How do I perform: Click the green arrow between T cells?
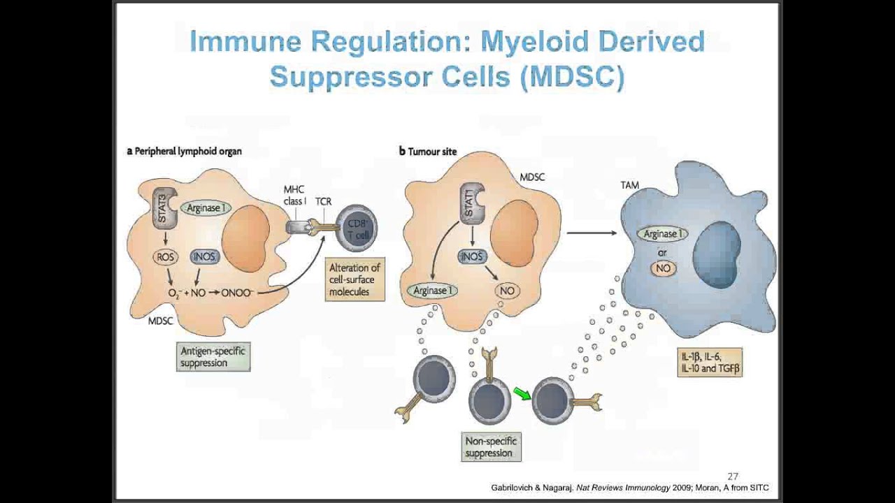tap(522, 395)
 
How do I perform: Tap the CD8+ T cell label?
tap(357, 229)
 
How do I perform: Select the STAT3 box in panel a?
tap(164, 207)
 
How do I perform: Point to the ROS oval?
tap(165, 257)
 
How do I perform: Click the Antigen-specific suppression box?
tap(213, 356)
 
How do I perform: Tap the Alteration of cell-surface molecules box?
tap(355, 279)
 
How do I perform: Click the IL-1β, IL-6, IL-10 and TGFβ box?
tap(709, 362)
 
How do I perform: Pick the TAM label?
tap(629, 185)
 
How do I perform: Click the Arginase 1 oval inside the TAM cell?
tap(661, 235)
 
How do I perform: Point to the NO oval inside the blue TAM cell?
tap(663, 268)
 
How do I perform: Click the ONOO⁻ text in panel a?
tap(237, 293)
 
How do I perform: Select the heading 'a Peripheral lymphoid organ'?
tap(184, 151)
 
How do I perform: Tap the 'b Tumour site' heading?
tap(427, 151)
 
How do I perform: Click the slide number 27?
tap(733, 476)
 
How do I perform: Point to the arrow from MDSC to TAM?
tap(591, 233)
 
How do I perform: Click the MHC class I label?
tap(294, 195)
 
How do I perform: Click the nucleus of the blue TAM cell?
tap(717, 254)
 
